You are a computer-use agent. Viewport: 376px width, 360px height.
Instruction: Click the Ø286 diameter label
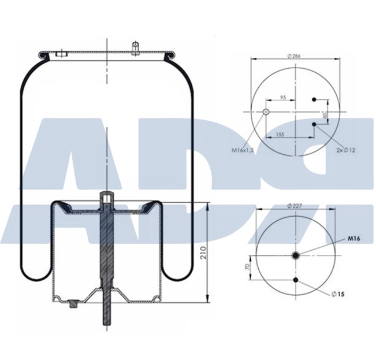point(296,55)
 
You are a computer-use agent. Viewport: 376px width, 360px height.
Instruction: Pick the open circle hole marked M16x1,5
point(266,112)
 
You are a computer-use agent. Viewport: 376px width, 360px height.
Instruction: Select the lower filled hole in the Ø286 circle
point(314,124)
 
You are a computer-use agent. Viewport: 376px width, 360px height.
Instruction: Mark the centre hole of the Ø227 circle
point(296,256)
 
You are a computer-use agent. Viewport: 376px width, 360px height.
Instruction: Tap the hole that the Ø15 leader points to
point(296,280)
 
